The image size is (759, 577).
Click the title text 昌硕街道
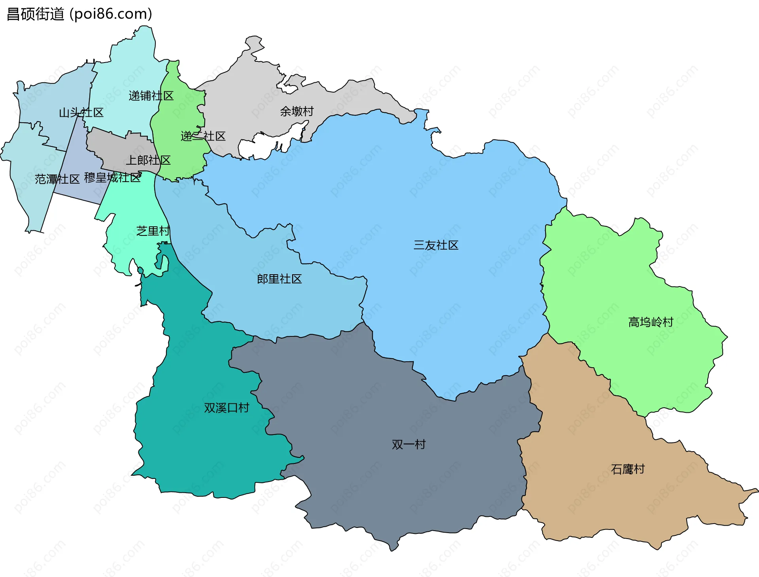click(x=36, y=14)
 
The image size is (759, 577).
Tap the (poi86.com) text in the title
click(x=111, y=14)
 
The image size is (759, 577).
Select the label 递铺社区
click(x=151, y=96)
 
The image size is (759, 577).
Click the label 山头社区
click(x=81, y=113)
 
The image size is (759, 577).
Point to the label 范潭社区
click(x=57, y=179)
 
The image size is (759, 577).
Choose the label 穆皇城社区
click(x=113, y=178)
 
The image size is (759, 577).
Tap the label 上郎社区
click(x=148, y=160)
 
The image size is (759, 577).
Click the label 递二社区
click(x=203, y=137)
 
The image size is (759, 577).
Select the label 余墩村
click(x=297, y=112)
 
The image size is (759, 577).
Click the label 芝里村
click(x=153, y=231)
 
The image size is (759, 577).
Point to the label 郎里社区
click(x=279, y=279)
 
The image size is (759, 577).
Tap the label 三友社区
click(x=436, y=245)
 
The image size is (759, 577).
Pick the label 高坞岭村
click(x=651, y=322)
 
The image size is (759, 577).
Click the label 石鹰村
click(x=628, y=469)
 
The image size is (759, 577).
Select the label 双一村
click(x=409, y=445)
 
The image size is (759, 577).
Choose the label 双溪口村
click(x=227, y=408)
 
